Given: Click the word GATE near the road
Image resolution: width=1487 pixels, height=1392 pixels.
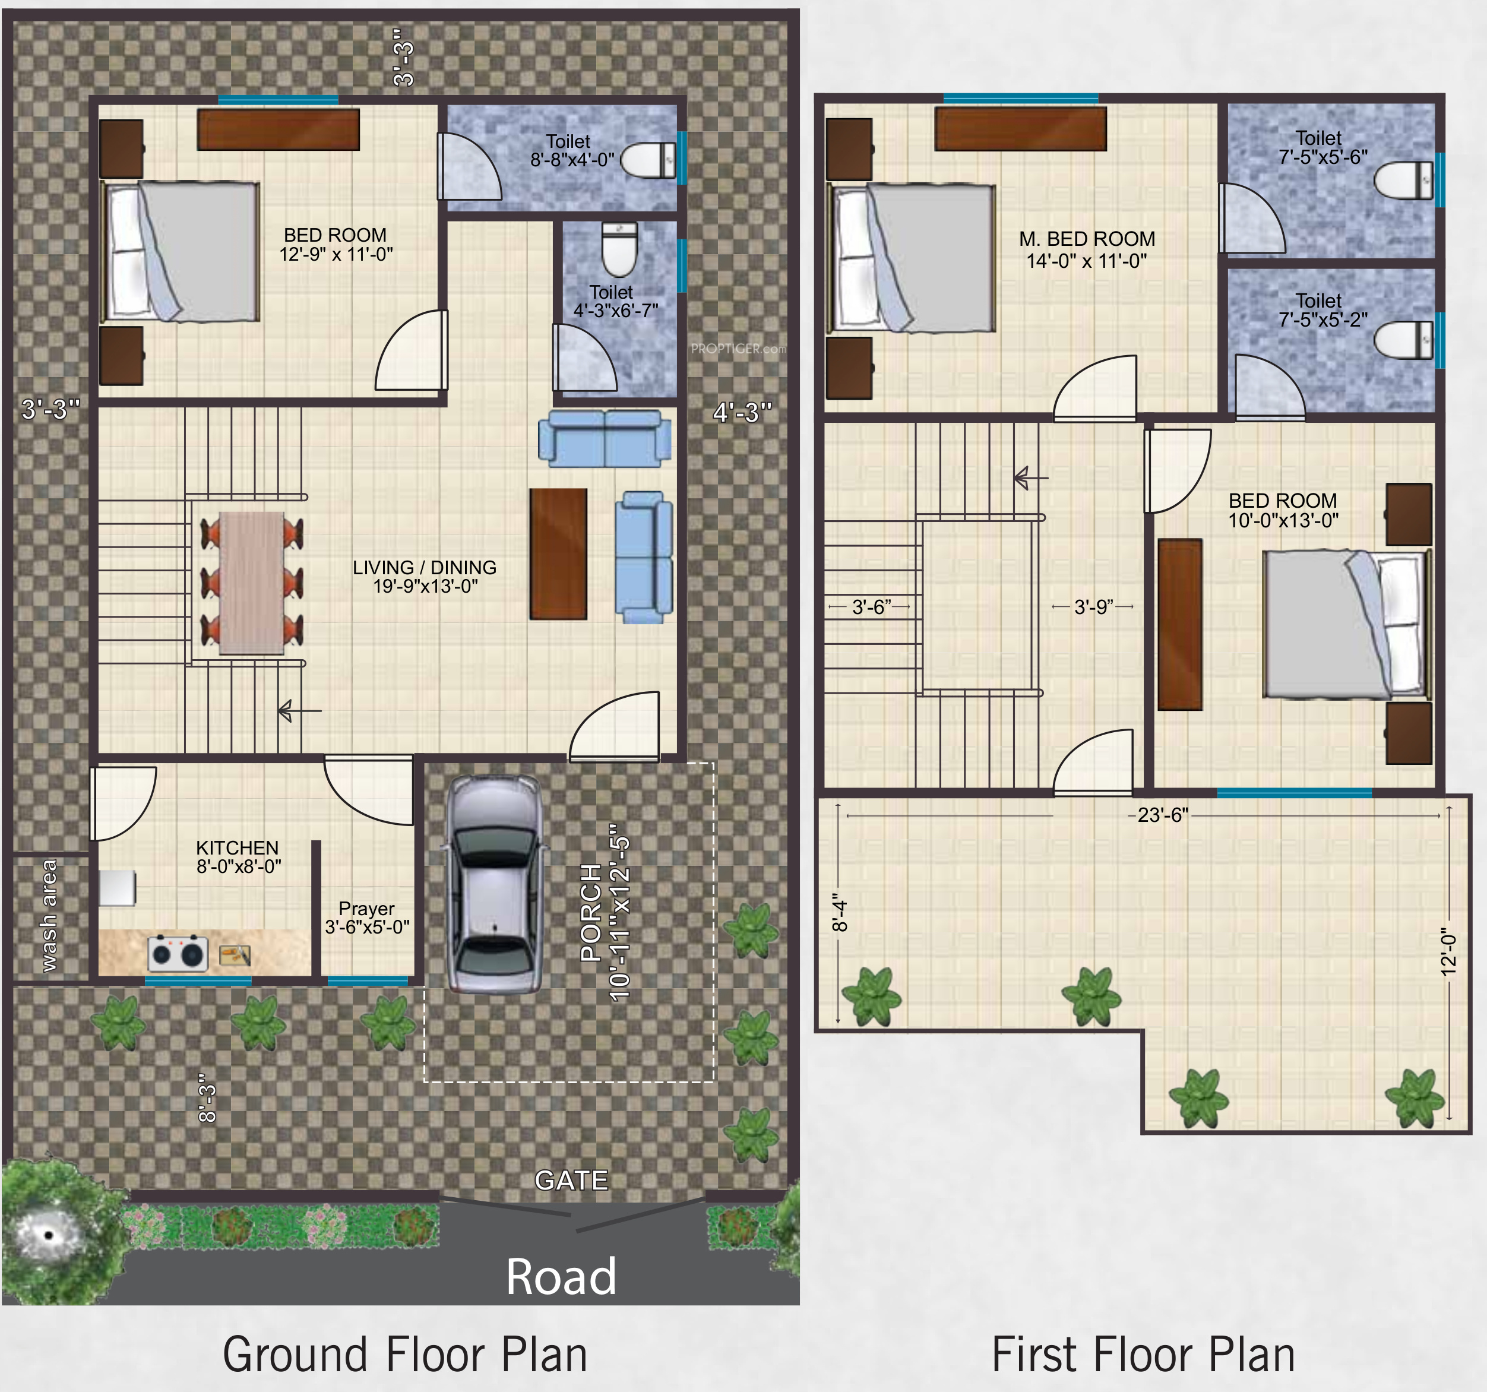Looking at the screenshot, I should click(571, 1179).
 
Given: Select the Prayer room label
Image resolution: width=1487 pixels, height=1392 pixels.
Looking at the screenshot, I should click(366, 917).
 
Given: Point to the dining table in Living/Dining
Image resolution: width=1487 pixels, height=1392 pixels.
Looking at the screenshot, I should click(251, 583).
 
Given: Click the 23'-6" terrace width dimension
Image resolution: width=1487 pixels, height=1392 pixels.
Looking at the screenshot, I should click(1158, 815).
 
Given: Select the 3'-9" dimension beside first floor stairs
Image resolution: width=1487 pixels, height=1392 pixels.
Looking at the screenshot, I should click(1093, 606).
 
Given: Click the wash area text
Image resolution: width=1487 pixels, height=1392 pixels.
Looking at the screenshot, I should click(49, 916).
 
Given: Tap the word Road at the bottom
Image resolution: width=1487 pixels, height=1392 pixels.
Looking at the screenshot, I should click(561, 1277).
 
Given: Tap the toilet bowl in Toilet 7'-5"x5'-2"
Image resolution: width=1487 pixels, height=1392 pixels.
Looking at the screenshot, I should click(1403, 340).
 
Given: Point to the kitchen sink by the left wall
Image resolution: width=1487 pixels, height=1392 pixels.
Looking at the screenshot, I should click(118, 888).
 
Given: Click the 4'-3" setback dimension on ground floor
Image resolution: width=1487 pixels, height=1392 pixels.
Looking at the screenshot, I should click(741, 412).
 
